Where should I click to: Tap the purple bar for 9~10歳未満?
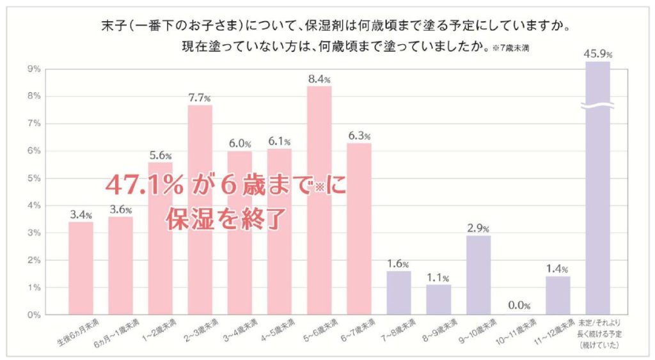tap(478, 275)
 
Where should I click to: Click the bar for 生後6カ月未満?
tap(81, 269)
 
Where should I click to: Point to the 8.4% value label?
tap(319, 80)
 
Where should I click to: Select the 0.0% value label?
tap(518, 306)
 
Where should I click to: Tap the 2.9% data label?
tap(478, 228)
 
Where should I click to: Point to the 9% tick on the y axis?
tap(32, 68)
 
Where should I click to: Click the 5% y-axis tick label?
tap(32, 178)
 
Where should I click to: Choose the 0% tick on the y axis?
tap(32, 315)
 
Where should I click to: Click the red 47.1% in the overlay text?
tap(142, 185)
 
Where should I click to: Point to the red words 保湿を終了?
tap(224, 218)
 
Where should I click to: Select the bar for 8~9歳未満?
tap(439, 300)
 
